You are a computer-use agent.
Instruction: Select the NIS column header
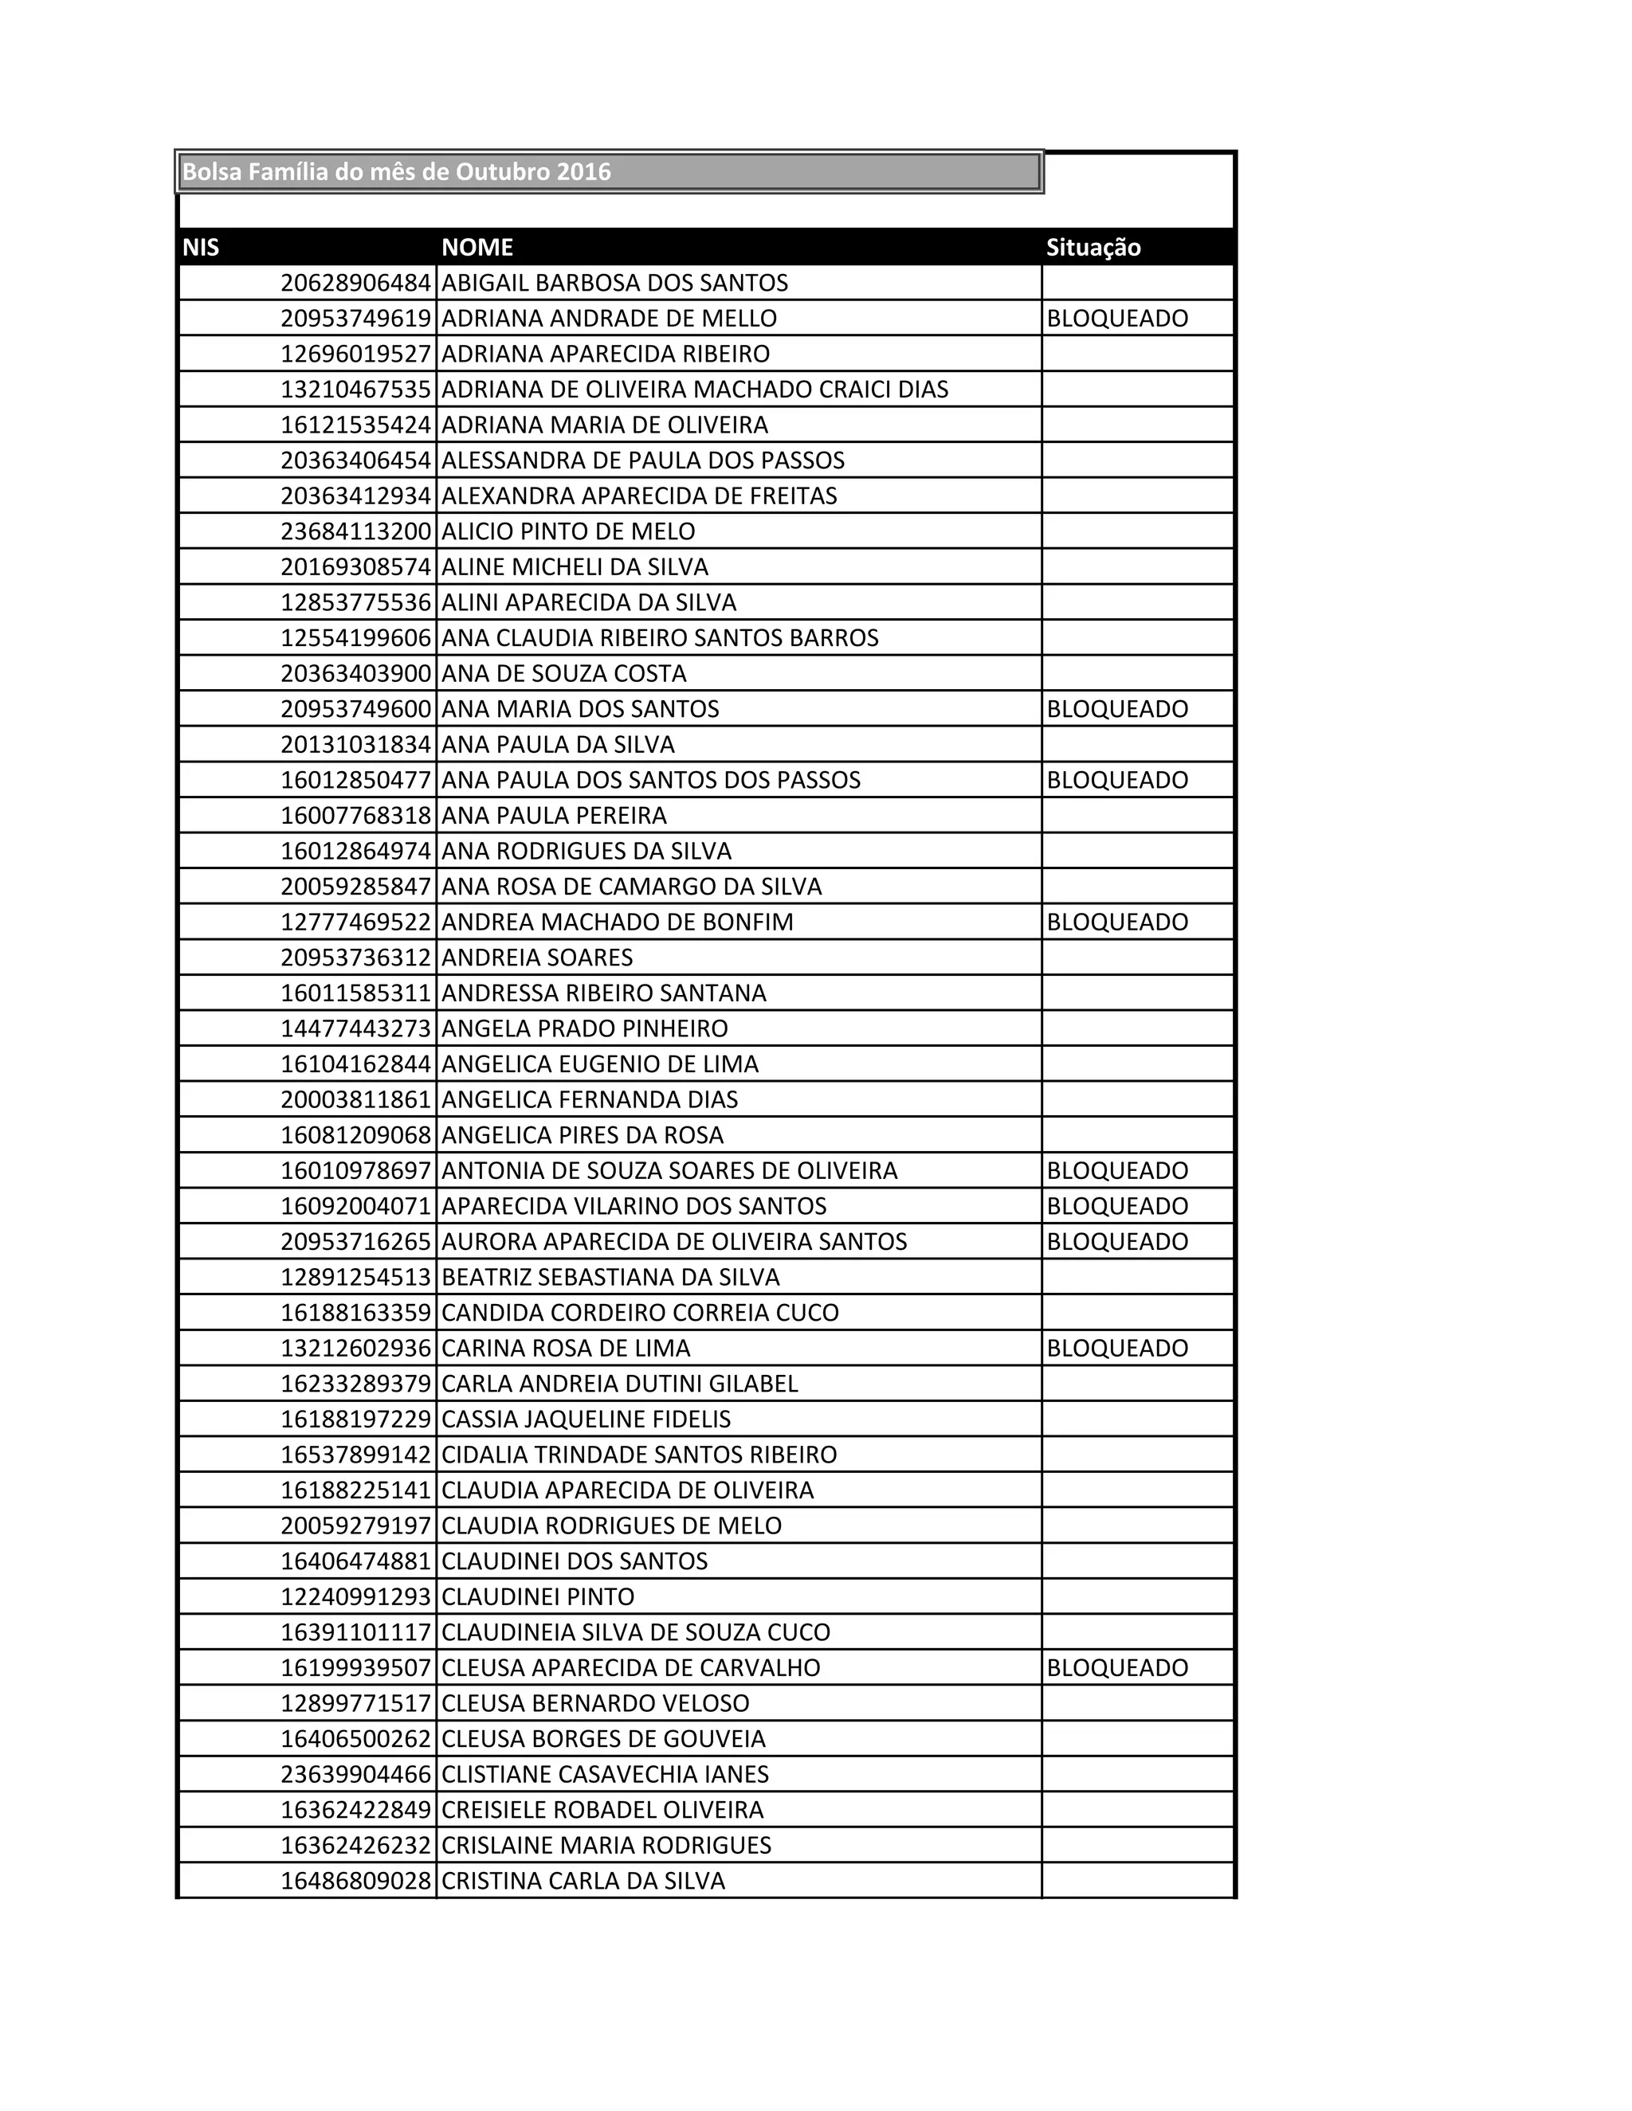[x=201, y=248]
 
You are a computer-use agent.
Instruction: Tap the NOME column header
[x=477, y=248]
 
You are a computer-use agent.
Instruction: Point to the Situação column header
[x=1093, y=248]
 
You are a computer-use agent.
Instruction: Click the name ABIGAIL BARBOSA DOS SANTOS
[x=615, y=284]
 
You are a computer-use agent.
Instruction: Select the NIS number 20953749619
[x=355, y=319]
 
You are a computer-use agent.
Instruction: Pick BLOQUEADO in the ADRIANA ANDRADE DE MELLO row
[x=1116, y=319]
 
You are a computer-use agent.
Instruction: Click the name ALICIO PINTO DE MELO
[x=568, y=531]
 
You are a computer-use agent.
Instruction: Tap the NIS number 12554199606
[x=355, y=638]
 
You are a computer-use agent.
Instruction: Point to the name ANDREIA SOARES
[x=538, y=958]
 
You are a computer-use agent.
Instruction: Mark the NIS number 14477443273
[x=355, y=1028]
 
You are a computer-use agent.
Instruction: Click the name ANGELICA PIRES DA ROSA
[x=583, y=1134]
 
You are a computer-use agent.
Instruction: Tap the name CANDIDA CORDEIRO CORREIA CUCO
[x=640, y=1313]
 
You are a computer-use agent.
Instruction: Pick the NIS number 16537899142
[x=355, y=1455]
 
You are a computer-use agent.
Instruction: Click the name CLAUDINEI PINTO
[x=539, y=1596]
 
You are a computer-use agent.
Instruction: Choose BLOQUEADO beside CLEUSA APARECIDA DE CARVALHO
[x=1116, y=1667]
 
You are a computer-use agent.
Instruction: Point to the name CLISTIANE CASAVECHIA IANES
[x=606, y=1775]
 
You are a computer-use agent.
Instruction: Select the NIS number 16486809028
[x=355, y=1881]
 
